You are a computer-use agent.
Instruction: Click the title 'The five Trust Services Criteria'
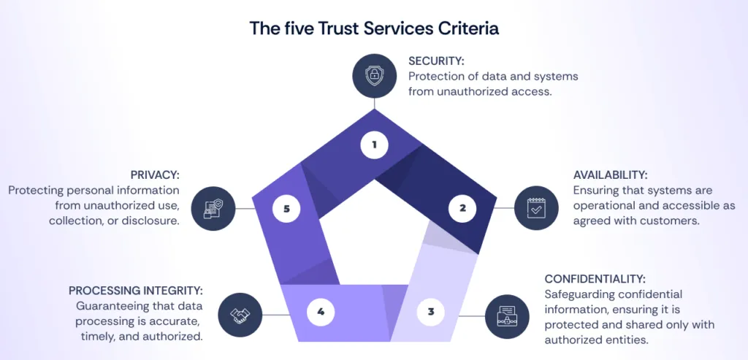(374, 28)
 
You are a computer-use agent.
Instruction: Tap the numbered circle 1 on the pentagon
(374, 145)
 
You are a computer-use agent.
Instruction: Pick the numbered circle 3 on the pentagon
(431, 312)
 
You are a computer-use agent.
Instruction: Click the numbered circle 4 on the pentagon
(321, 312)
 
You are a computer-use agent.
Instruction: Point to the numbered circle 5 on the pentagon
(286, 209)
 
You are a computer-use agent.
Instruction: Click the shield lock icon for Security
(374, 74)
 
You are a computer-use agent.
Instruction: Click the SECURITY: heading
(436, 61)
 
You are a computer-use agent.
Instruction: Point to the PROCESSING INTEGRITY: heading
(136, 291)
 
